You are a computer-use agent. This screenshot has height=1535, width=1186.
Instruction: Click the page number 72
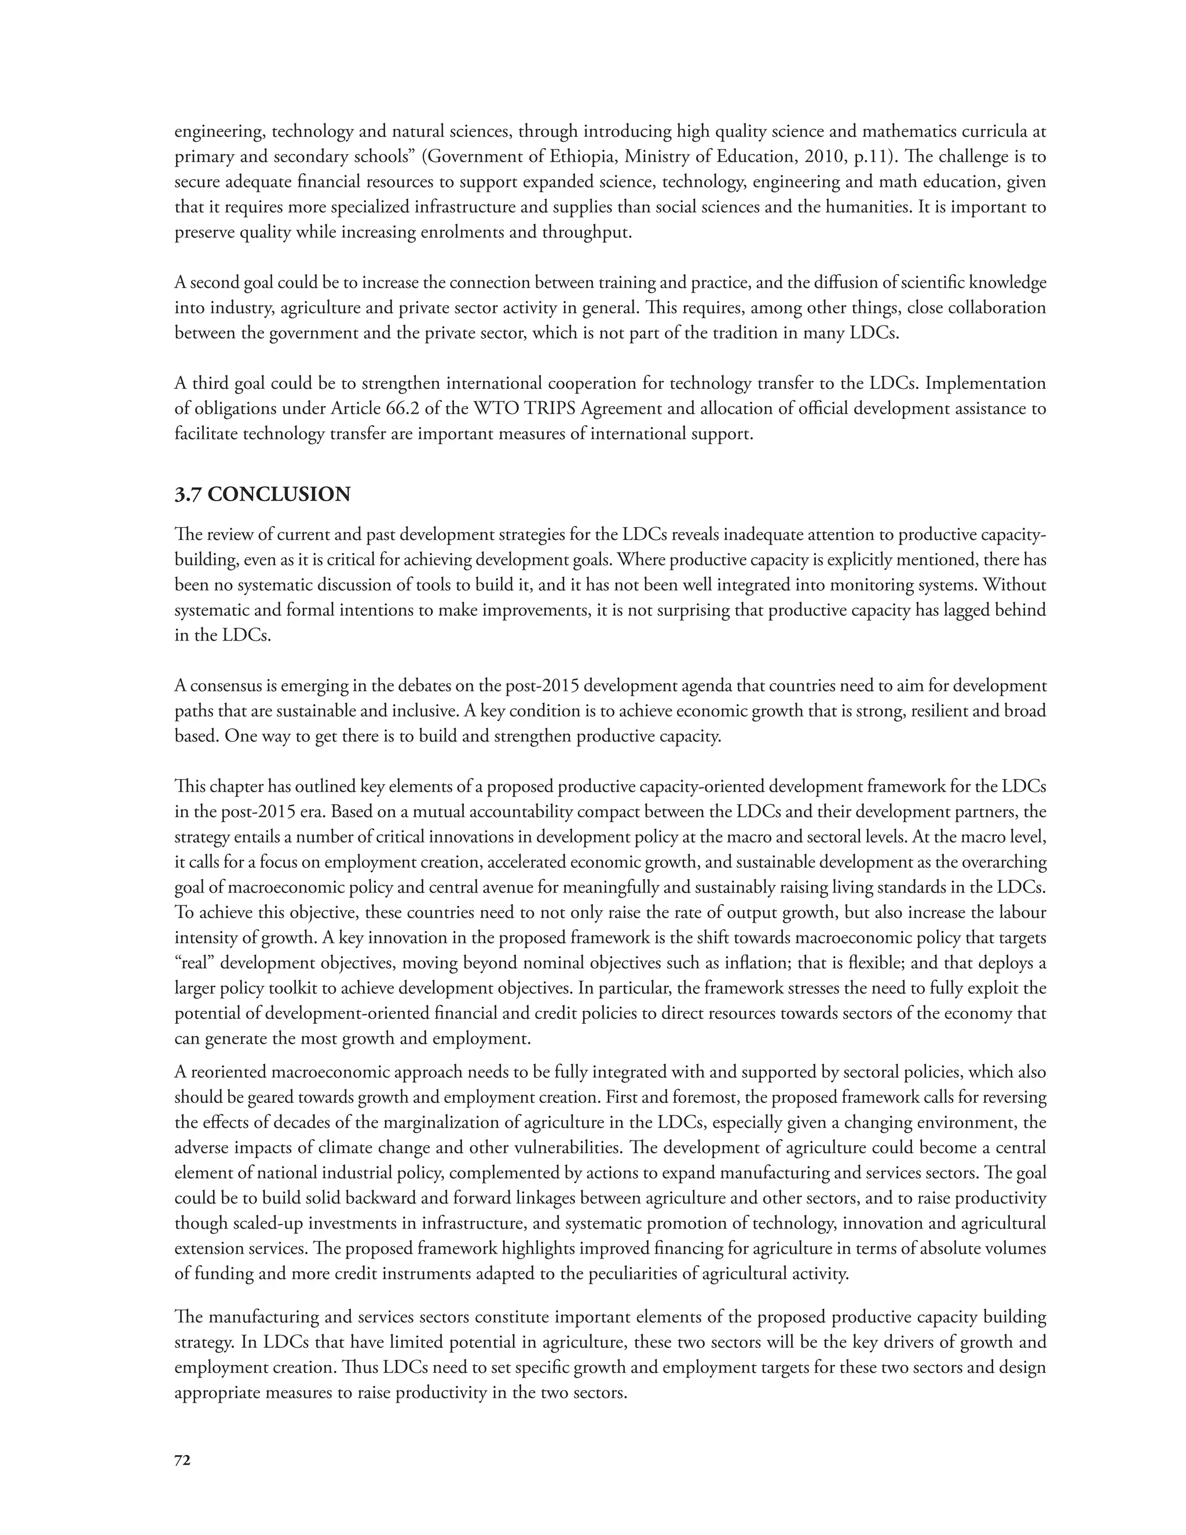click(x=182, y=1460)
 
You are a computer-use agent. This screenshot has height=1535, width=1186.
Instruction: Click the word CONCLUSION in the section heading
click(x=279, y=494)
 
